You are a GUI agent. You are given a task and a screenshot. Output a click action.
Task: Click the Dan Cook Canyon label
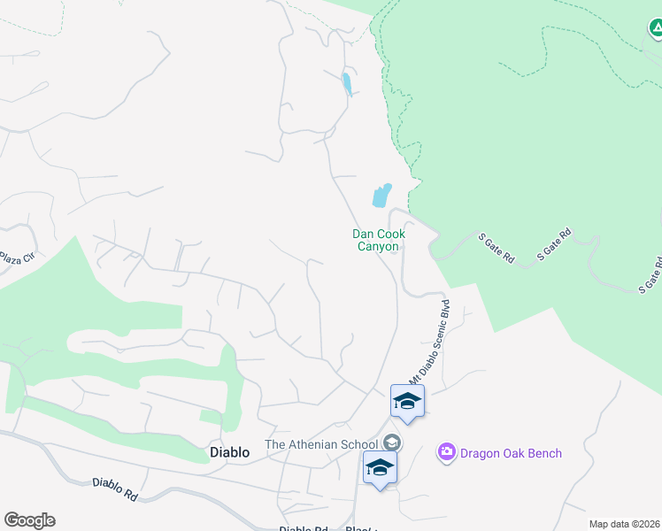379,240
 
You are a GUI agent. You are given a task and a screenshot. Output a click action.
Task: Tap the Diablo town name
229,452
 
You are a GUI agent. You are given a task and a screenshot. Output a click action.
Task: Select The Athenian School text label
322,444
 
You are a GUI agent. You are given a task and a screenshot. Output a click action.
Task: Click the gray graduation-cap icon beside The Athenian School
393,443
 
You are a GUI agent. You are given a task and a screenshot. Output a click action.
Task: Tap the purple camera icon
446,453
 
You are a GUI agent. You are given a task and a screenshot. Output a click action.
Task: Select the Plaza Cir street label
15,258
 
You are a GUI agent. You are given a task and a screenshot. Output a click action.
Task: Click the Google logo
29,520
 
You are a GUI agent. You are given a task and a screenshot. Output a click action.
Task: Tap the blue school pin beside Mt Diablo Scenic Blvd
407,402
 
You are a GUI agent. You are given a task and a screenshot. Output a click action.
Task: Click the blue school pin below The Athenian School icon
380,468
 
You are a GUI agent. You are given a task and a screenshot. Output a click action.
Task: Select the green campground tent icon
655,30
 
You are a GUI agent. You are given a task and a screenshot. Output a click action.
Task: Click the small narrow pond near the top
347,84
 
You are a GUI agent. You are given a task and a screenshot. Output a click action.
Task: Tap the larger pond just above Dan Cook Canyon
382,195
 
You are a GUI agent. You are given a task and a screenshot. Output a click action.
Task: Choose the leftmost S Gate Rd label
496,248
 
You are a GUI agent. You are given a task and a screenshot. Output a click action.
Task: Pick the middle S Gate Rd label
555,245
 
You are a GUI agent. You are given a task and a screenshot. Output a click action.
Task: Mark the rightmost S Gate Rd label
650,275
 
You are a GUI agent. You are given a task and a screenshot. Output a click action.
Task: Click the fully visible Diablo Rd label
114,489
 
